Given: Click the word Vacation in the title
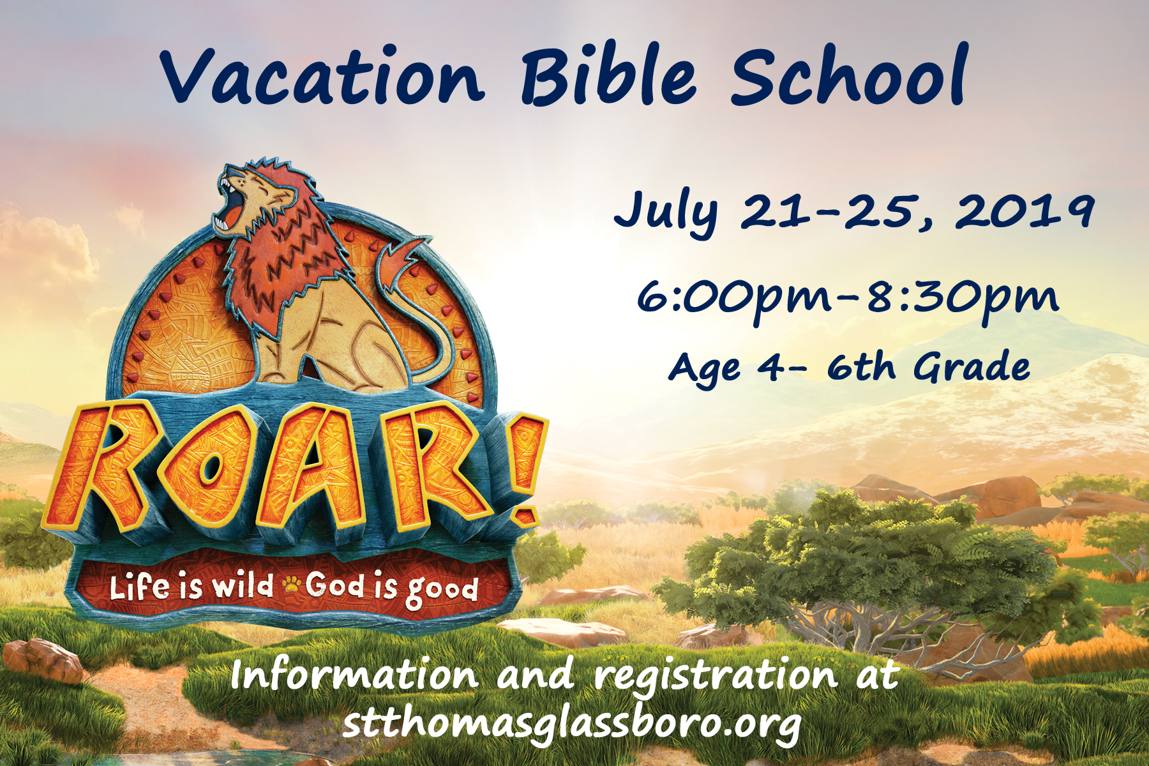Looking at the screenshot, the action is click(322, 76).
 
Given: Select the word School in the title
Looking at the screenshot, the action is click(850, 75).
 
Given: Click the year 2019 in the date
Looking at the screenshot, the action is click(1024, 211).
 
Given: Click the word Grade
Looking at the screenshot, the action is click(972, 367).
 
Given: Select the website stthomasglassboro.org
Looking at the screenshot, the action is click(572, 725).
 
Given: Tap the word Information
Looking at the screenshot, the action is click(355, 675).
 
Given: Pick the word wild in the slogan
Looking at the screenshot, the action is click(243, 585).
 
